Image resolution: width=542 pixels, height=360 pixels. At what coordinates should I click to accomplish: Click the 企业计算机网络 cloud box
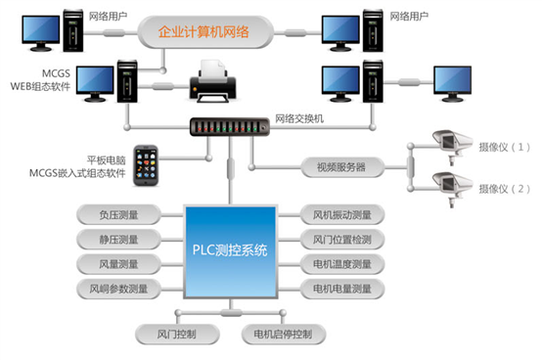(218, 33)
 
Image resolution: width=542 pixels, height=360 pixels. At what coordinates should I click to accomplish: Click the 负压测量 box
(117, 214)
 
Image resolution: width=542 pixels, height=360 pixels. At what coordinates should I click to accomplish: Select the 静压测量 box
(117, 239)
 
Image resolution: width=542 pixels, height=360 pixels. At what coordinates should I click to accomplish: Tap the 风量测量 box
(117, 263)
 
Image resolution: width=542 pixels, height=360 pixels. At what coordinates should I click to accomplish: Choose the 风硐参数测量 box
(117, 288)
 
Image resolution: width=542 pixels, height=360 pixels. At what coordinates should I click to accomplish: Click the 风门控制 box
(176, 334)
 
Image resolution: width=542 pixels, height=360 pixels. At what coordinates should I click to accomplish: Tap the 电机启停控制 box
(283, 334)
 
